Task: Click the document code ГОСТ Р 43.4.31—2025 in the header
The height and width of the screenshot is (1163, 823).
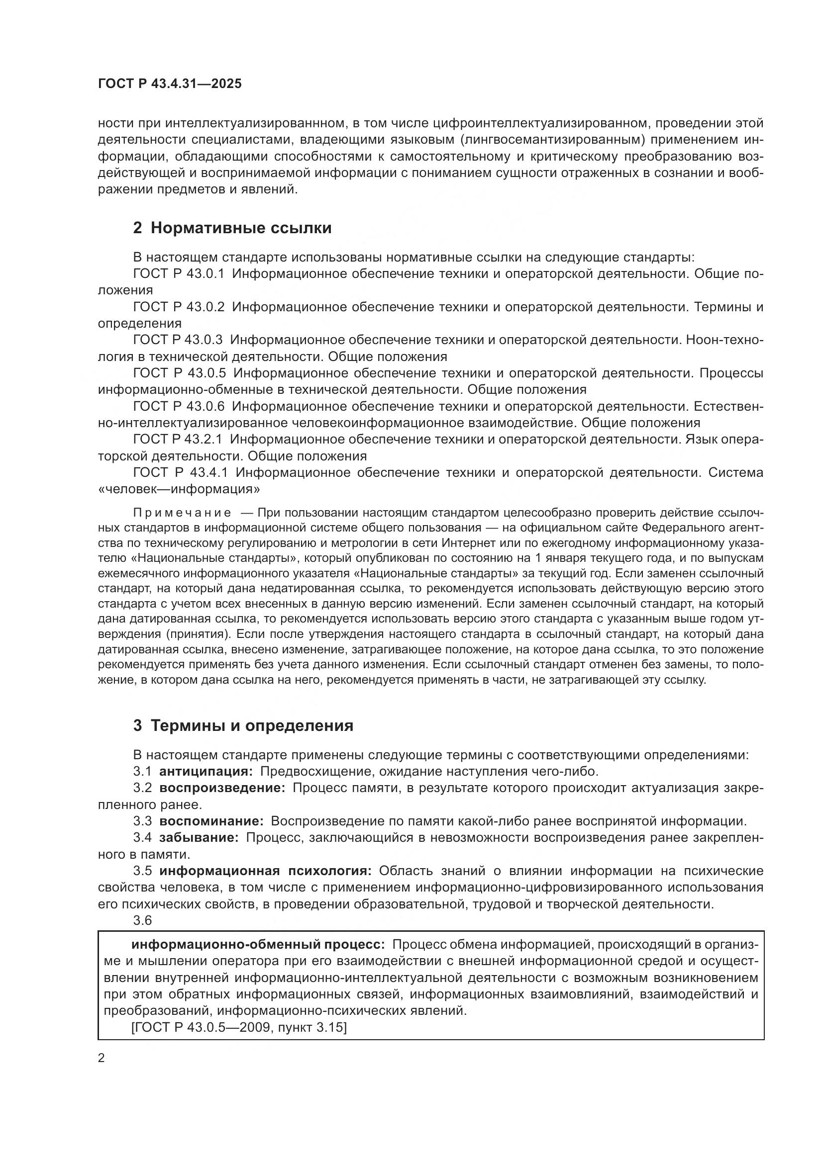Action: (170, 84)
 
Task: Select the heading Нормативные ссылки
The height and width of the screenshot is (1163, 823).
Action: (241, 228)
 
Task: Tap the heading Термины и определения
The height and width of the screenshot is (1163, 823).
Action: (252, 726)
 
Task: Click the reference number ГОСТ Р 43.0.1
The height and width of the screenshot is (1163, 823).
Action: (179, 274)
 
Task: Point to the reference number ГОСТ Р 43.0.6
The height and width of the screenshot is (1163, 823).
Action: (179, 406)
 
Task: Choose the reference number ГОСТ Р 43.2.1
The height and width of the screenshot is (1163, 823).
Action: (178, 440)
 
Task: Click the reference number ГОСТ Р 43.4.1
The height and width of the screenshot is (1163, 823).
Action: (181, 472)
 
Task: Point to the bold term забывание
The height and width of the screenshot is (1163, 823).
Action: (199, 838)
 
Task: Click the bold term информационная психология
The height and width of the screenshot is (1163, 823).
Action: (266, 871)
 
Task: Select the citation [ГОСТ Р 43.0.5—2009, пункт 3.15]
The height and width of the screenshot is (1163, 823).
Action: (239, 1027)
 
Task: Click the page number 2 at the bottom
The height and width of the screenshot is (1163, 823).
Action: (102, 1058)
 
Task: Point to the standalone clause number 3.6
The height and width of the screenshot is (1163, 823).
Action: (142, 920)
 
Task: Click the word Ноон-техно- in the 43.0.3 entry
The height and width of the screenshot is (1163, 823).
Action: (724, 341)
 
